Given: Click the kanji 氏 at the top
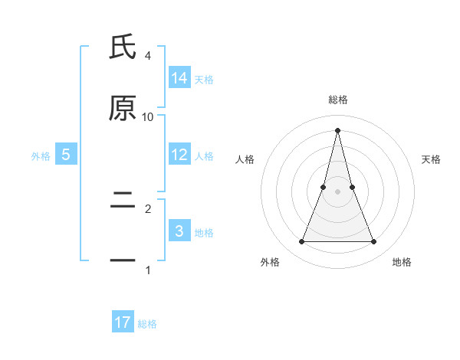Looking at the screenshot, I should point(123,47).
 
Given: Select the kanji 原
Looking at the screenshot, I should point(123,109).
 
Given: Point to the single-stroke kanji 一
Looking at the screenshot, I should point(123,262).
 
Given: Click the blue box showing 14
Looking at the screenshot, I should point(179,78).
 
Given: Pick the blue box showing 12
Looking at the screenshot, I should point(179,155).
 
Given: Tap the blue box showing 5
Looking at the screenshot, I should point(66,155).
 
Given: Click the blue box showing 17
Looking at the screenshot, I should point(123,322).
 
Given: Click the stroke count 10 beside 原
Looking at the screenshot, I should point(148,117).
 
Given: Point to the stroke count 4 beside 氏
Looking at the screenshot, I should point(148,56).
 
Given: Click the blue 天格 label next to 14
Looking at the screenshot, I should point(204,79).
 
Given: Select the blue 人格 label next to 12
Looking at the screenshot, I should point(204,155).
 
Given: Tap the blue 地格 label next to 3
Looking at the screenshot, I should point(204,232).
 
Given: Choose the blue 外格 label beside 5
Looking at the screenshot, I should point(41,155).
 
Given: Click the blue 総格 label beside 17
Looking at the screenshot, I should point(147,323).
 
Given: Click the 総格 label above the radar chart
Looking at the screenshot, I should point(337,100).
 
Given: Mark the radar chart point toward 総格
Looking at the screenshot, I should point(337,129).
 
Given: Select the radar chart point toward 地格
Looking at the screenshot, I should point(374,242).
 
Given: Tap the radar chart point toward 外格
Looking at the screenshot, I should point(301,242).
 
